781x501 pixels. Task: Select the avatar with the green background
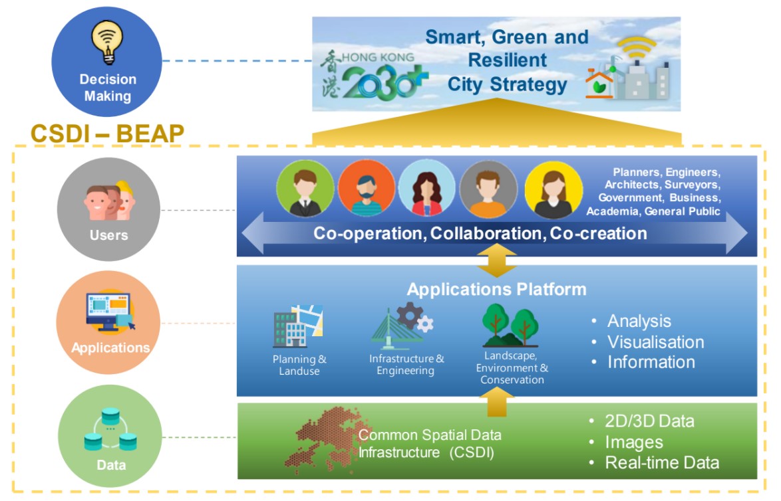click(305, 189)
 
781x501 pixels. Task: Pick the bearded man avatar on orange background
click(366, 189)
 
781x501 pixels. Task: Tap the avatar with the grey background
click(488, 189)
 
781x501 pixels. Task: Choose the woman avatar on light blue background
click(427, 189)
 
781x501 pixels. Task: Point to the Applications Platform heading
click(496, 289)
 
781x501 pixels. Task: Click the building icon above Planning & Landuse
click(297, 326)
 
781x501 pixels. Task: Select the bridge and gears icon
click(403, 326)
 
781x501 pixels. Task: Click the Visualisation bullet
click(655, 342)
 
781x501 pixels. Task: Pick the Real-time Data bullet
click(661, 462)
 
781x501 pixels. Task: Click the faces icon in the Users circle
click(108, 200)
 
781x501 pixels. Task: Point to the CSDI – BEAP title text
click(107, 134)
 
